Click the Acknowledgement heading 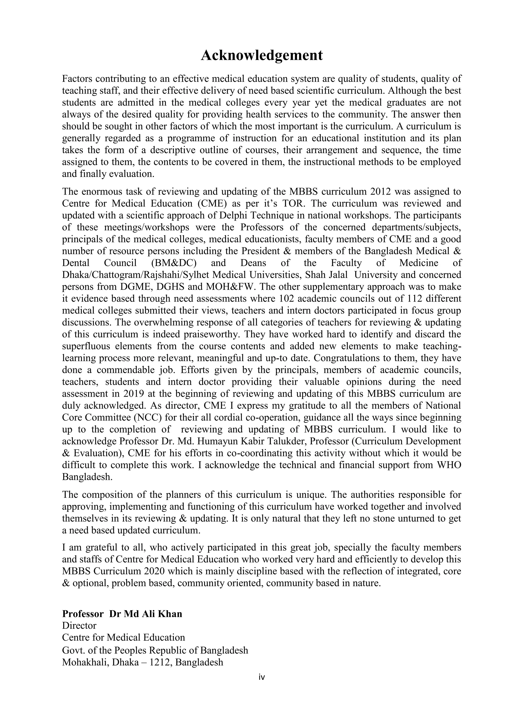click(262, 55)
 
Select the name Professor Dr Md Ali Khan click(122, 614)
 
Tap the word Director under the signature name click(79, 626)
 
